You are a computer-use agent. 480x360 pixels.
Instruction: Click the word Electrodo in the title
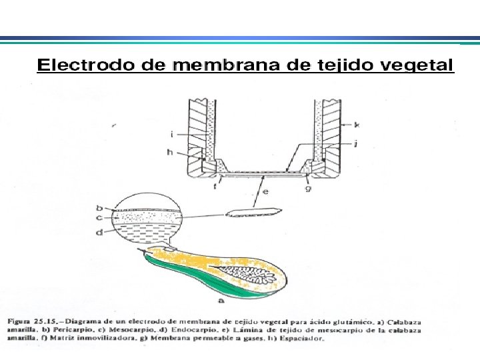click(77, 66)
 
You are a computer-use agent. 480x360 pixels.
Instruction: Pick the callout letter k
click(357, 125)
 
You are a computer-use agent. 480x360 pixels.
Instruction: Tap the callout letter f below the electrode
click(215, 187)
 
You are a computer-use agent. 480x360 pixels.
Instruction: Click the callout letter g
click(309, 188)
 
